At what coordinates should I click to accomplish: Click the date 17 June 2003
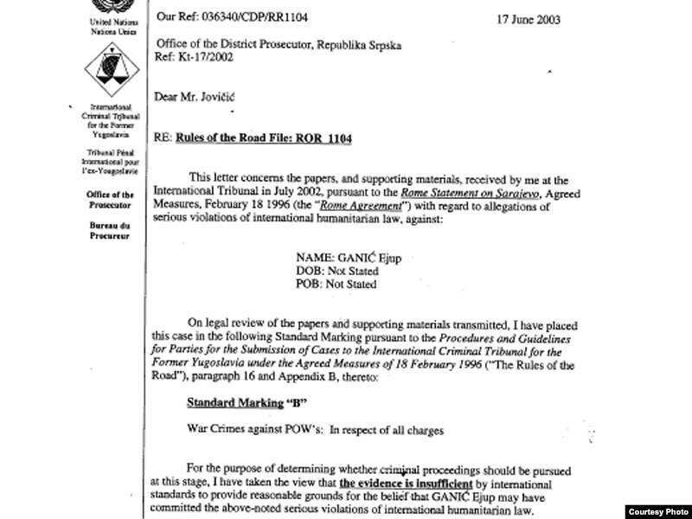point(583,16)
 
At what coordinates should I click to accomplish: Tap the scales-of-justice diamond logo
point(101,69)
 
